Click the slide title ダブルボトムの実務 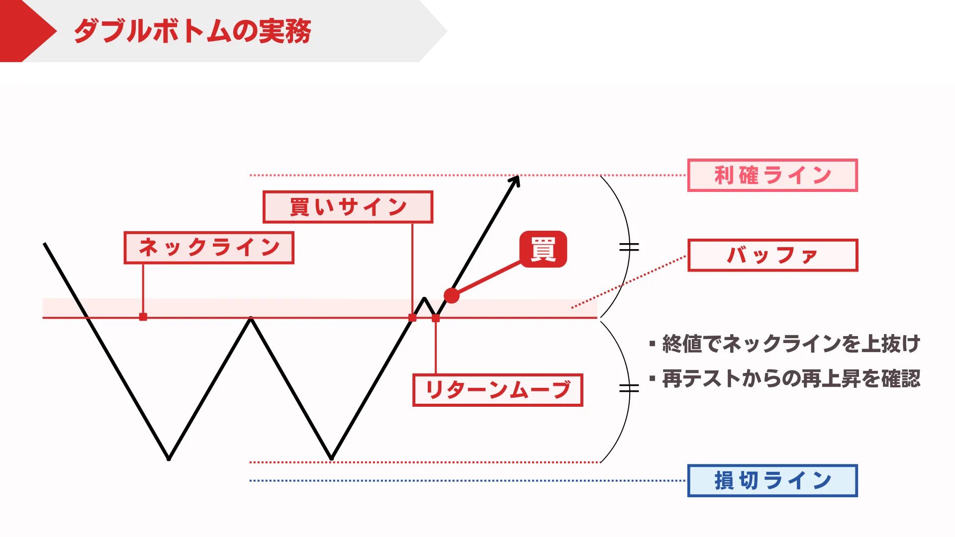click(192, 31)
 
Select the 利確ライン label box click(772, 176)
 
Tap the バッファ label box click(772, 256)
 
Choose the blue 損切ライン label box click(772, 481)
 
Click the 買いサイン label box click(348, 207)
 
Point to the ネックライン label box click(209, 248)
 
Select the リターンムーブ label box click(497, 390)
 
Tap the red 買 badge click(543, 249)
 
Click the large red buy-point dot click(452, 295)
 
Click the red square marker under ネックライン click(143, 317)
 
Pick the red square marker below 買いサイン click(412, 318)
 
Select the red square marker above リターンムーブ click(436, 318)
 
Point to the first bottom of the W click(169, 457)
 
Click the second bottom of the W click(332, 457)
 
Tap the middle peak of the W click(251, 319)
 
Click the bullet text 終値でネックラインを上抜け click(791, 344)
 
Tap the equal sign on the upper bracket click(629, 247)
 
